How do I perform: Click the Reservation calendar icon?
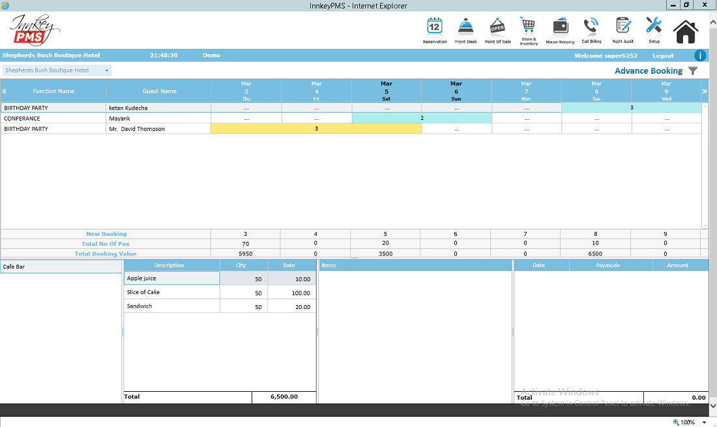click(x=434, y=27)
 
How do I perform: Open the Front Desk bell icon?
click(x=465, y=27)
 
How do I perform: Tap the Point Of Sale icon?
click(x=497, y=27)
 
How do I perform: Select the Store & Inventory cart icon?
click(x=528, y=26)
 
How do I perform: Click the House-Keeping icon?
click(x=560, y=27)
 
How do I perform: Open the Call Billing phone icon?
click(x=591, y=26)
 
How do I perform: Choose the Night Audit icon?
click(x=622, y=26)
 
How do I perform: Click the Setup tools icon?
click(x=654, y=25)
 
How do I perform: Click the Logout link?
click(x=663, y=56)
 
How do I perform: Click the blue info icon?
click(x=700, y=56)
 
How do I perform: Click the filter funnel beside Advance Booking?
click(x=693, y=71)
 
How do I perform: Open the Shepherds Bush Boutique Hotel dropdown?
click(x=57, y=70)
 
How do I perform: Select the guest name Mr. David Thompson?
click(x=137, y=129)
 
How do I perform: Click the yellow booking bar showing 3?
click(x=316, y=128)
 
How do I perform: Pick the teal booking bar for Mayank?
click(x=422, y=118)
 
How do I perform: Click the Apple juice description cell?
click(x=171, y=278)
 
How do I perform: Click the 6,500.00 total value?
click(x=284, y=396)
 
